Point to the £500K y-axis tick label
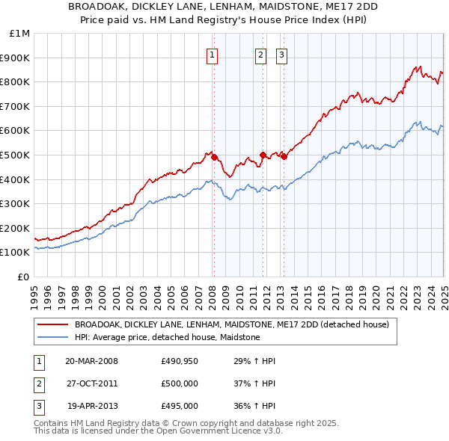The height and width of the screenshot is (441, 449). pos(16,155)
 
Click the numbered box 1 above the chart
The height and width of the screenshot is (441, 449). pos(213,55)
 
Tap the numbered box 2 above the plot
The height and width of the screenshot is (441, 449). pos(260,55)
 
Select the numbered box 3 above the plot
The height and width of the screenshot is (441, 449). pos(281,55)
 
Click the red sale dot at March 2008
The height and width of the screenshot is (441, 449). pos(214,157)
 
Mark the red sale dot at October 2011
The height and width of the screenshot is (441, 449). pos(263,155)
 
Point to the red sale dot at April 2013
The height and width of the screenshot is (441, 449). pos(284,156)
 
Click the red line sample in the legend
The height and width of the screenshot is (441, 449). pos(52,325)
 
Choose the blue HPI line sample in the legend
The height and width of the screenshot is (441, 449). pos(52,338)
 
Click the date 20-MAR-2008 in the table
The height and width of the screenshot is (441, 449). pos(91,361)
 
